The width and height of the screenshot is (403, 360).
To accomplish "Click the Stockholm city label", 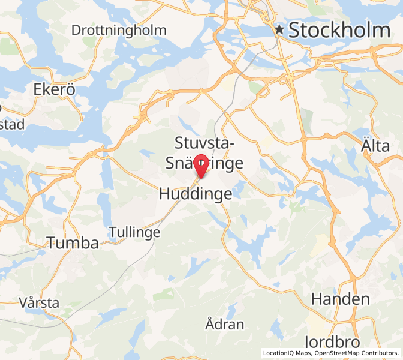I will click(339, 30).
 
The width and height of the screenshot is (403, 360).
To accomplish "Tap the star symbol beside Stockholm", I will click(279, 29).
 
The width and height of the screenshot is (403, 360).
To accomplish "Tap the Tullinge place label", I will click(134, 232).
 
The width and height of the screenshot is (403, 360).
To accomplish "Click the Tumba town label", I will click(73, 243).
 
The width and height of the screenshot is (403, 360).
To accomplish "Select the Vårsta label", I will click(39, 302).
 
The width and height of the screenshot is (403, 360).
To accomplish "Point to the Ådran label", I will click(225, 325).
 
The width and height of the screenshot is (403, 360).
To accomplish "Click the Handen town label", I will click(340, 299).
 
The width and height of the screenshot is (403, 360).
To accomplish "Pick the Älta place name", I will click(375, 145).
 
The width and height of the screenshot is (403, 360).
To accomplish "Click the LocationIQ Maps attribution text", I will click(287, 353).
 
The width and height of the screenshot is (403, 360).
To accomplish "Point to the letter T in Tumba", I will click(52, 243).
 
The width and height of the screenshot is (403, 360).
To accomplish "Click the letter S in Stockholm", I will click(294, 30).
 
